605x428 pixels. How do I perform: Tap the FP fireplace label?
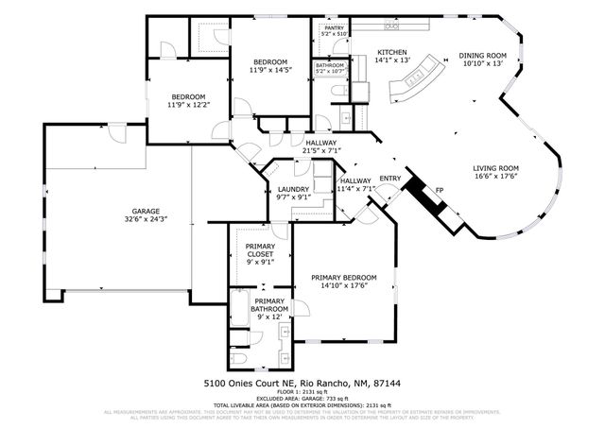click(439, 191)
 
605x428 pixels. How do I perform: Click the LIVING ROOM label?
click(496, 168)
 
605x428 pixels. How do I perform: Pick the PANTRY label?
click(334, 28)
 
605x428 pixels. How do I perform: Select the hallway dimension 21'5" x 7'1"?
click(321, 150)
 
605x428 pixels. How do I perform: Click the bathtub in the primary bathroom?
click(240, 336)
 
